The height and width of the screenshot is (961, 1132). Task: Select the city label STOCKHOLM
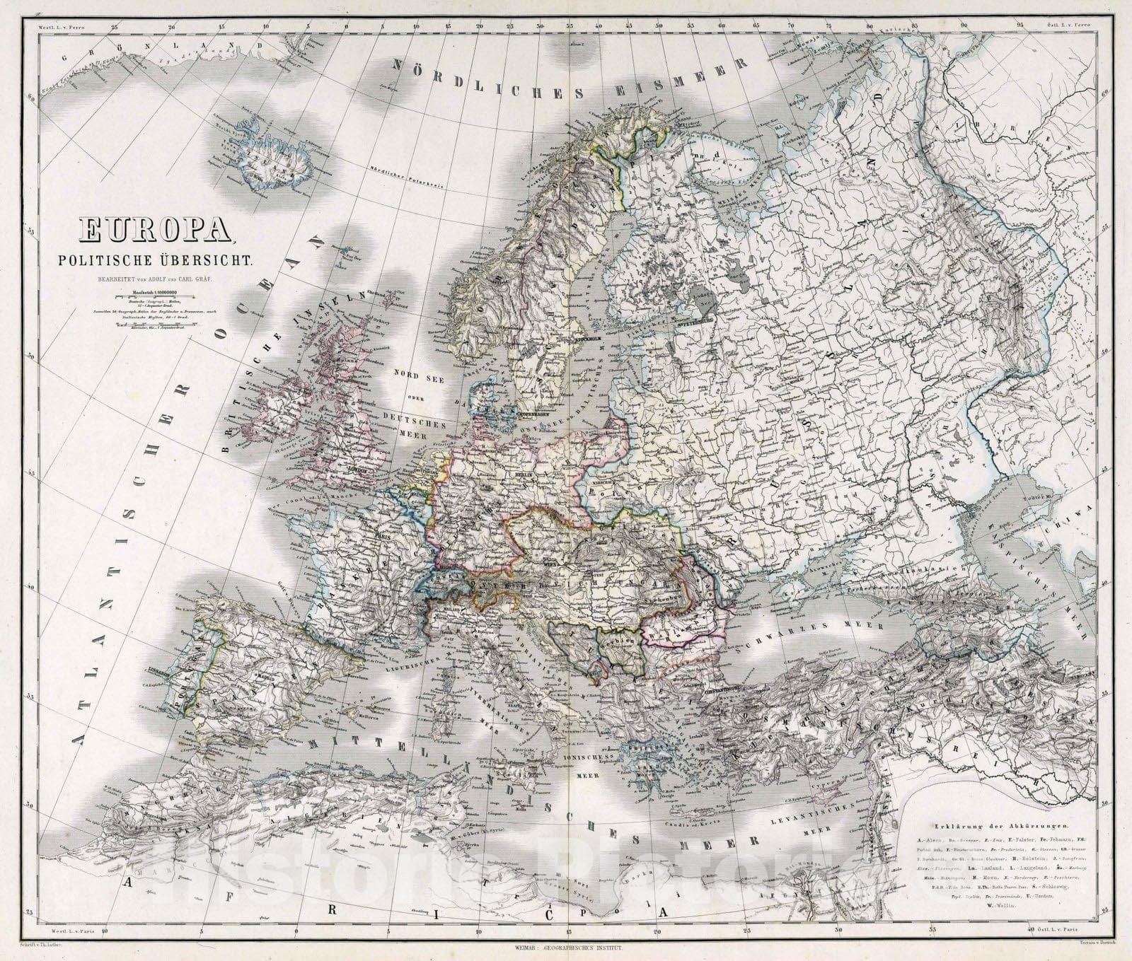(587, 339)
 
